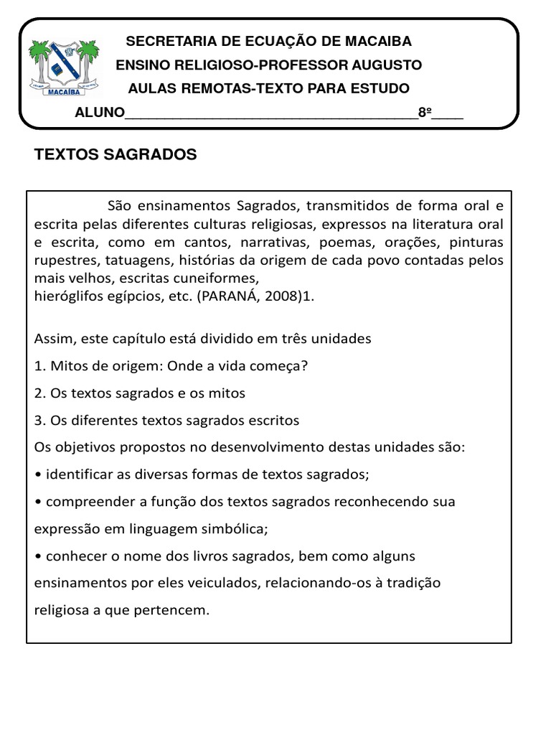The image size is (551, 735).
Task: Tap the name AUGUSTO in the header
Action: pos(387,65)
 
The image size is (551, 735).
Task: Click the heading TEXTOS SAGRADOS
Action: pos(116,155)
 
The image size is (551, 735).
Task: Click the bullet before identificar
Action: pos(37,475)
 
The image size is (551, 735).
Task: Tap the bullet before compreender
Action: pos(37,502)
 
